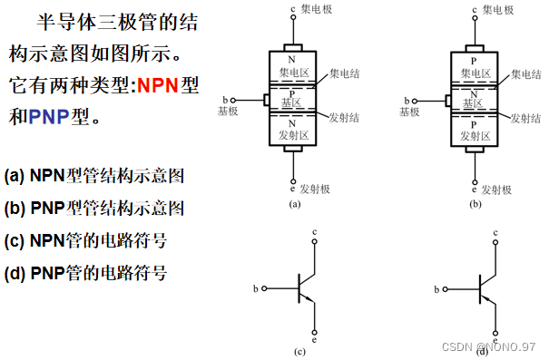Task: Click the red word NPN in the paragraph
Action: pyautogui.click(x=158, y=87)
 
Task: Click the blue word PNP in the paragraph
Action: pyautogui.click(x=49, y=117)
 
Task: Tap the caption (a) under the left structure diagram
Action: pyautogui.click(x=294, y=206)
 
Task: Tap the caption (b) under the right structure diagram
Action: pyautogui.click(x=475, y=206)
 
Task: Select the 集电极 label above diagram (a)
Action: pyautogui.click(x=315, y=10)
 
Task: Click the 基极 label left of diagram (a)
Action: pyautogui.click(x=229, y=112)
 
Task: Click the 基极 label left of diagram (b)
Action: pyautogui.click(x=410, y=112)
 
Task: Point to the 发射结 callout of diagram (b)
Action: pyautogui.click(x=529, y=118)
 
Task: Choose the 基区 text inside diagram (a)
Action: pyautogui.click(x=292, y=103)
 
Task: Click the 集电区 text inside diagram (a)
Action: pyautogui.click(x=292, y=73)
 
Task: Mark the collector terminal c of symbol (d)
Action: pyautogui.click(x=496, y=234)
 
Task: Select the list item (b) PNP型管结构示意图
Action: pyautogui.click(x=94, y=208)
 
